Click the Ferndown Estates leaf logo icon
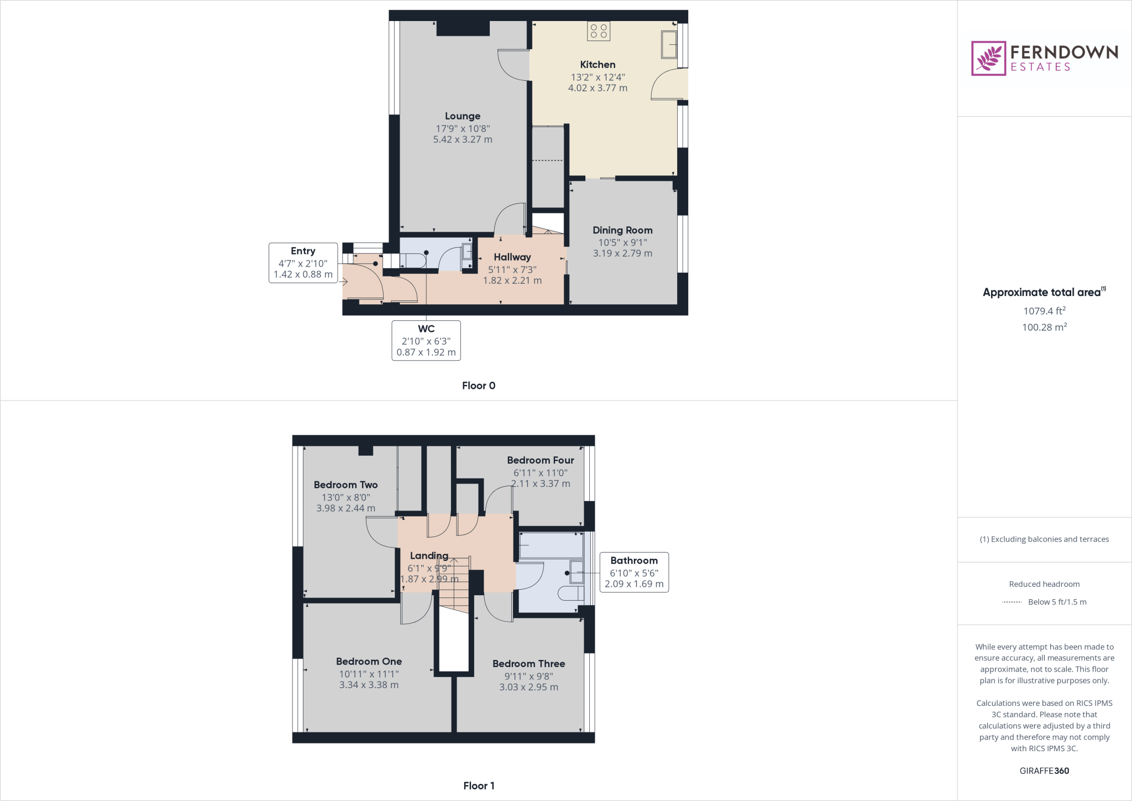tap(988, 58)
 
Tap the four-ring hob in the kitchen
tap(598, 31)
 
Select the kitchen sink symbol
tap(669, 45)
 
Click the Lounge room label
tap(463, 116)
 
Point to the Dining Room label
tap(622, 230)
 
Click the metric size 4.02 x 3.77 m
tap(598, 88)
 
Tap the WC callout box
tap(426, 340)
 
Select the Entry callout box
tap(303, 263)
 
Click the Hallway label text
tap(512, 257)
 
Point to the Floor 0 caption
tap(478, 386)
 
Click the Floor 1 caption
tap(478, 786)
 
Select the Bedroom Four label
tap(540, 460)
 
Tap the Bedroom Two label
tap(345, 485)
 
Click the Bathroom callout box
tap(633, 572)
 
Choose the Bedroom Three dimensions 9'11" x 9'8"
tap(528, 676)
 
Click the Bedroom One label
tap(369, 662)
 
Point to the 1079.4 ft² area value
tap(1044, 311)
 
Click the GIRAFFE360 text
tap(1044, 771)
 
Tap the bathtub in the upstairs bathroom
tap(551, 545)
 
